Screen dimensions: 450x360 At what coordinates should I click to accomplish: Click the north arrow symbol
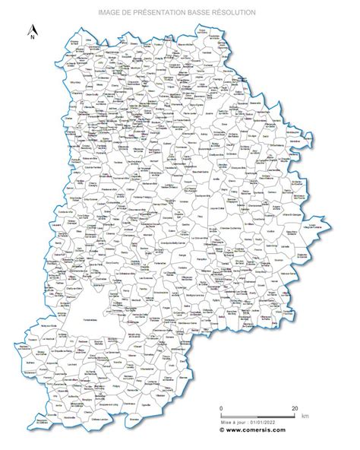[32, 28]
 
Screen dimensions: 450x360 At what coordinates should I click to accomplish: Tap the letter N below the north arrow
[32, 36]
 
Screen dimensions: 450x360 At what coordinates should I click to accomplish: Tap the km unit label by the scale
[305, 417]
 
